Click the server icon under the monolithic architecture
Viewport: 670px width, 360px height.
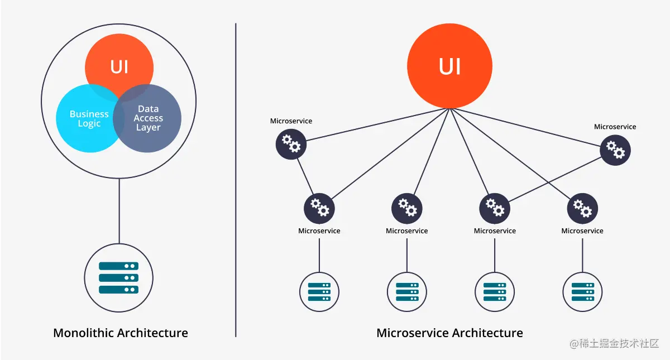coord(118,278)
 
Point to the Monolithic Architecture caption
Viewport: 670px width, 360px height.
coord(120,333)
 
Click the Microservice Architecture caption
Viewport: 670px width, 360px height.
coord(449,333)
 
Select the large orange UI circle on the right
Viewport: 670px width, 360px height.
coord(449,66)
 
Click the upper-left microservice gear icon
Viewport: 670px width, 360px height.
coord(291,144)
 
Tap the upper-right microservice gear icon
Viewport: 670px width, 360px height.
coord(615,150)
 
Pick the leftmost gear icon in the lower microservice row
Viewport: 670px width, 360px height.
coord(319,208)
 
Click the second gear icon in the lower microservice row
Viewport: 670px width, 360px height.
coord(407,208)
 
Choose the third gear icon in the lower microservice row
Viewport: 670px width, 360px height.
coord(495,208)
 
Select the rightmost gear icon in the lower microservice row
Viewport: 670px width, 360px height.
coord(582,208)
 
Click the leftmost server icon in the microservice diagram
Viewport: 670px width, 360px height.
coord(319,291)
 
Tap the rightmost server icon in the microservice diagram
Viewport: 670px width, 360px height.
coord(582,291)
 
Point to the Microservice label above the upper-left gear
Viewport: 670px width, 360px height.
coord(291,121)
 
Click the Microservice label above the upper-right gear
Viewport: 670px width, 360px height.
coord(615,127)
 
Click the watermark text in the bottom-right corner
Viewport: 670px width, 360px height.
coord(614,343)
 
